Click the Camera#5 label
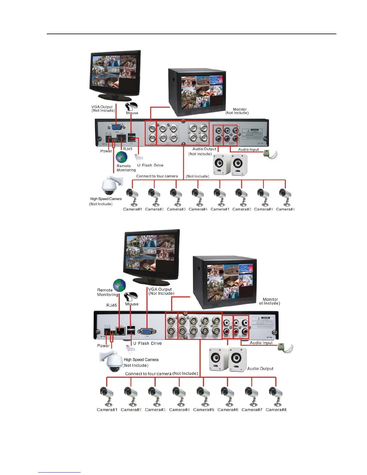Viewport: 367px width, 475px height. click(204, 410)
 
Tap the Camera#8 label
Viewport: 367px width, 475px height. click(276, 410)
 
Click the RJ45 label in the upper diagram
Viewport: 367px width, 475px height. click(127, 149)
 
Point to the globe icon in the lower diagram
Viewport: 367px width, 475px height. click(119, 285)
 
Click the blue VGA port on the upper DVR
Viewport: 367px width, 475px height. click(117, 127)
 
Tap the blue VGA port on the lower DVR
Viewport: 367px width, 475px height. click(146, 331)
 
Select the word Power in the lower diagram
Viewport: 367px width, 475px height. click(103, 346)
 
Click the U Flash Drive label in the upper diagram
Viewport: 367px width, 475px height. click(150, 165)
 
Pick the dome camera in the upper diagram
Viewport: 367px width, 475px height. click(110, 186)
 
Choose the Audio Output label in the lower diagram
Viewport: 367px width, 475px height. click(260, 369)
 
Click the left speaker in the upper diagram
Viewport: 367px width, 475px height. click(221, 164)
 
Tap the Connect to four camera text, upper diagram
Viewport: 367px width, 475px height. click(157, 176)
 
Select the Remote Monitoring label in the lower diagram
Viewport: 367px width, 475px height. click(107, 292)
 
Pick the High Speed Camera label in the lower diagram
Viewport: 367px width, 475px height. click(141, 360)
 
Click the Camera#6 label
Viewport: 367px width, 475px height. click(228, 410)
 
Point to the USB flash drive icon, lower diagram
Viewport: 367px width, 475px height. click(130, 348)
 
